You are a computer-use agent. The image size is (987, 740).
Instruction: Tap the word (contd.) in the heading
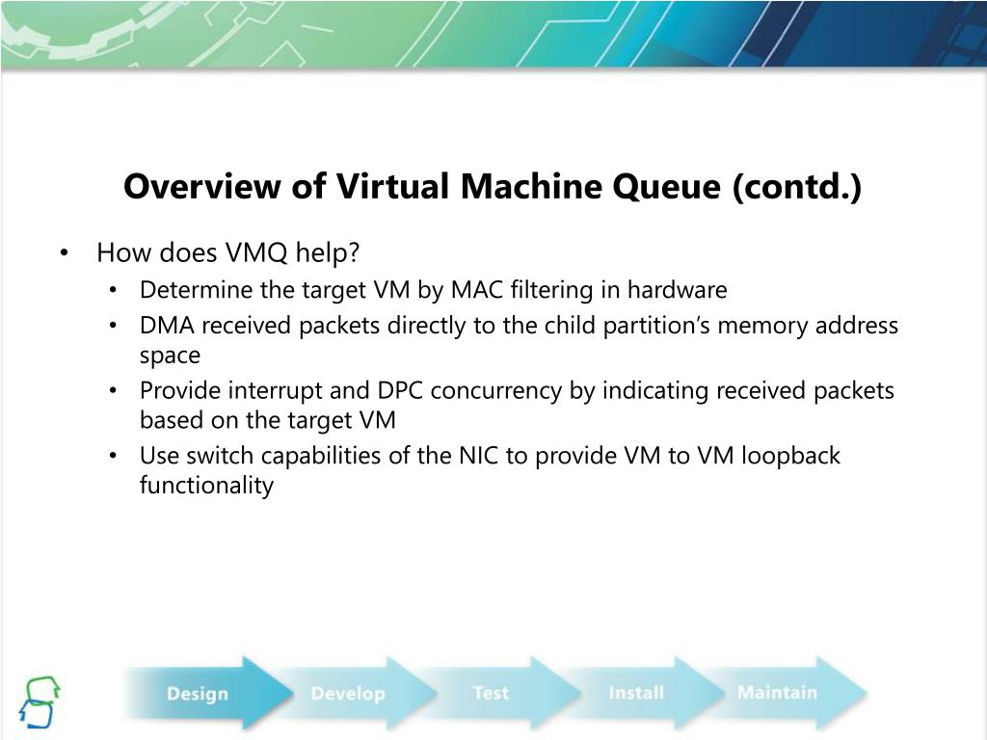click(797, 187)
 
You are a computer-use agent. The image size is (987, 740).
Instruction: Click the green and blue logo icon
click(40, 700)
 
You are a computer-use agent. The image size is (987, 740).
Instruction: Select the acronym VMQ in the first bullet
click(258, 253)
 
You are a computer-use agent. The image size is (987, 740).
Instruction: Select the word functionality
click(206, 485)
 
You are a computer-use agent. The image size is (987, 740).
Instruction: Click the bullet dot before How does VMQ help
click(63, 254)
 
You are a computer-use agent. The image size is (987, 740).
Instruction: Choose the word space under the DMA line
click(170, 356)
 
